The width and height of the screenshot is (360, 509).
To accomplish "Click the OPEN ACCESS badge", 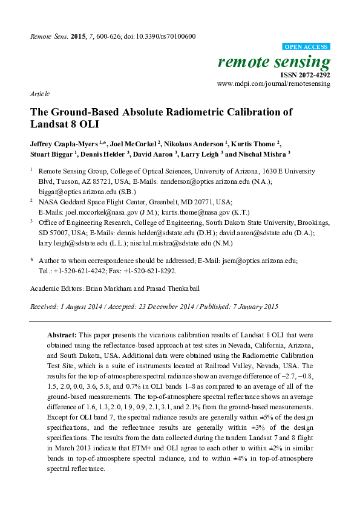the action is tap(307, 47).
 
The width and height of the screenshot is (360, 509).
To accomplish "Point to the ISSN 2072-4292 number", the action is tap(306, 75).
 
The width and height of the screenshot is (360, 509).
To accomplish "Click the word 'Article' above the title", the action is tap(39, 94).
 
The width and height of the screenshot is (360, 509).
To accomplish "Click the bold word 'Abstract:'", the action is tap(61, 334).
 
